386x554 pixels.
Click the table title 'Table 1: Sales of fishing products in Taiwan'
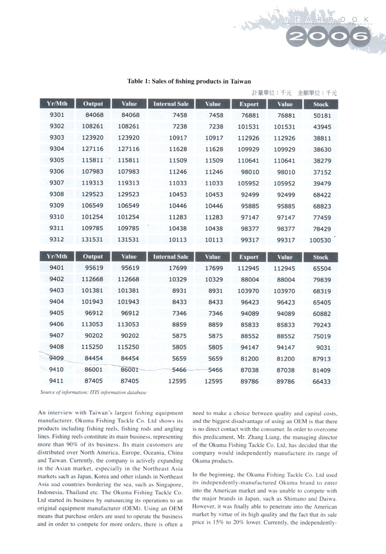[189, 82]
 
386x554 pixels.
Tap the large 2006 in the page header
[328, 35]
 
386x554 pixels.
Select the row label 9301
[57, 115]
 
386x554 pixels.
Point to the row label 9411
[57, 381]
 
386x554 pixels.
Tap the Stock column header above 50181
[320, 104]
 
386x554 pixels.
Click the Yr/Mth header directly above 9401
[57, 257]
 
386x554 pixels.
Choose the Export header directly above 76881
[249, 104]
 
